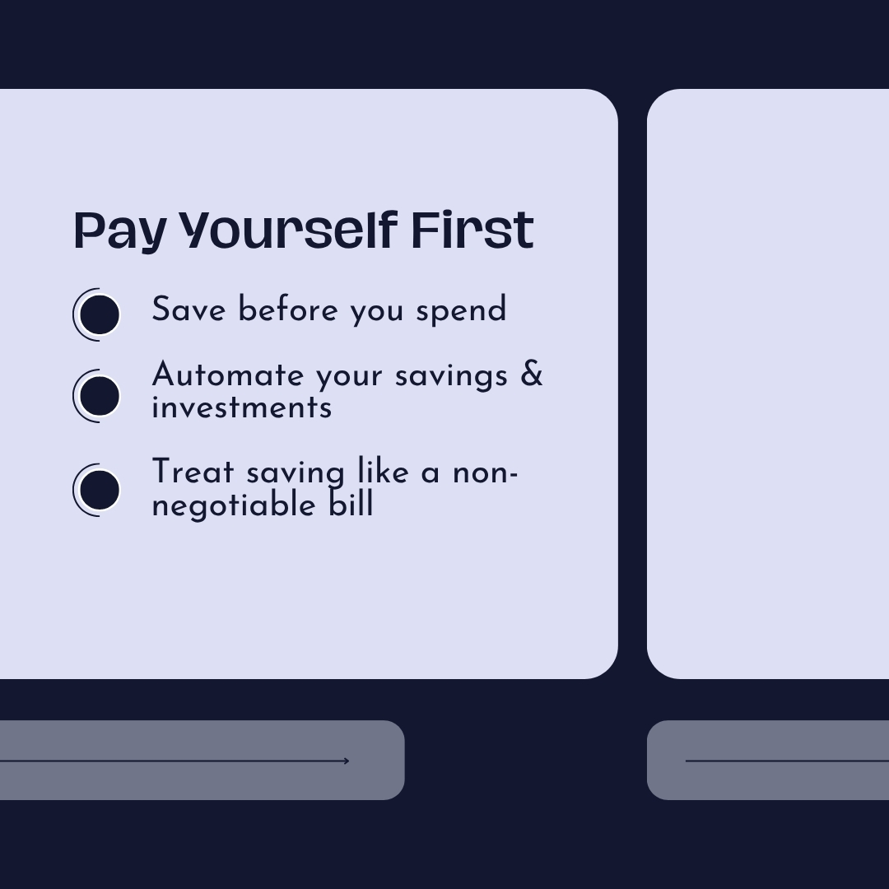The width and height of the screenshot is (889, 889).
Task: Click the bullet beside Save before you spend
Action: click(100, 314)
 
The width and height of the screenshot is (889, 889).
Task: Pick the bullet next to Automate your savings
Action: click(100, 396)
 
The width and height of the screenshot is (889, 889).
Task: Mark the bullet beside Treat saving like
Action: click(100, 490)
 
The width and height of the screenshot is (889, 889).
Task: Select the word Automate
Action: click(227, 375)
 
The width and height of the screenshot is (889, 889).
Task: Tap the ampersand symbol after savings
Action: click(532, 374)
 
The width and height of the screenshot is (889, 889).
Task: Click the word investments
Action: click(242, 407)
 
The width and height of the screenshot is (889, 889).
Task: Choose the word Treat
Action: click(193, 473)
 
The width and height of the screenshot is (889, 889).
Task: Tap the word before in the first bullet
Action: click(288, 310)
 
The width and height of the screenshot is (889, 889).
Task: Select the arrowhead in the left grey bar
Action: click(346, 761)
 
